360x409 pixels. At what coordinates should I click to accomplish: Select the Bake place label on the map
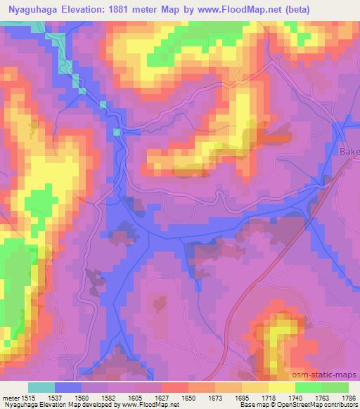[x=349, y=152]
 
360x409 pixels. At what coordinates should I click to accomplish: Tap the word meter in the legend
[x=11, y=398]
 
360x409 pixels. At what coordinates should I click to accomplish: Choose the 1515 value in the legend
[x=29, y=398]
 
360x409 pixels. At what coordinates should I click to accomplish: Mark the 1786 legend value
[x=349, y=398]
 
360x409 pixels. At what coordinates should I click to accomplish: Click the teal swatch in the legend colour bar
[x=41, y=387]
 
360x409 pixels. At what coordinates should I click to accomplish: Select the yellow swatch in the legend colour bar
[x=281, y=387]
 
